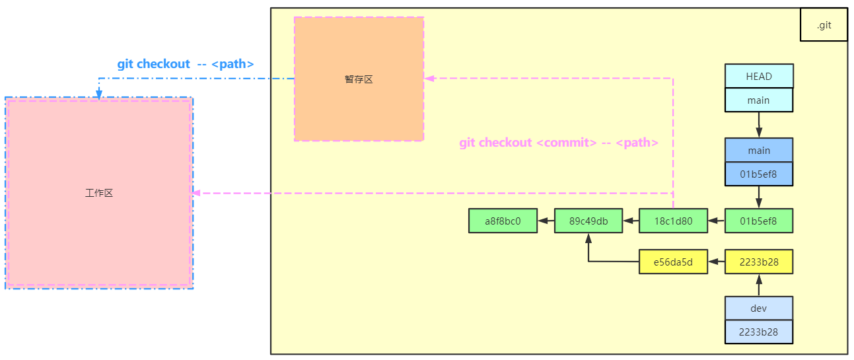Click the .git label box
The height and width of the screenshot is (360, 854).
tap(824, 25)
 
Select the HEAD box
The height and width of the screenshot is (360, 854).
tap(759, 76)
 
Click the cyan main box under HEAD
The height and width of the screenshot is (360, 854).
tap(759, 100)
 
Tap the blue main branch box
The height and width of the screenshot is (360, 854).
tap(759, 151)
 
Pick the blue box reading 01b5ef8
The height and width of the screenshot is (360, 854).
tap(759, 174)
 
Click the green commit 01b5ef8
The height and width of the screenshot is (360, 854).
tap(759, 221)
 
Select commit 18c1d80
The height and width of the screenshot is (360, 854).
tap(673, 221)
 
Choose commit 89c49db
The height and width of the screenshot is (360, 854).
tap(588, 221)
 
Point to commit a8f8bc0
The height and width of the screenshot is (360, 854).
tap(503, 221)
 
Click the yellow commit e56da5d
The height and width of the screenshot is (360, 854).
tap(673, 262)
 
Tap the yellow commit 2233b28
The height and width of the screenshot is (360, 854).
tap(759, 262)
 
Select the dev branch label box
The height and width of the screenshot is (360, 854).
tap(759, 308)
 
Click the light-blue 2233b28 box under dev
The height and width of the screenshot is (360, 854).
tap(759, 332)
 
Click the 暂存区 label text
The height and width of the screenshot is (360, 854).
tap(359, 79)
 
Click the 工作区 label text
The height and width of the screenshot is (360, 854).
tap(99, 194)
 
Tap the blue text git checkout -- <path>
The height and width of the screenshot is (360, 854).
tap(186, 64)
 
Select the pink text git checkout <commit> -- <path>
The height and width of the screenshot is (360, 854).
tap(559, 143)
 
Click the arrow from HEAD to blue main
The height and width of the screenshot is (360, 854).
tap(759, 125)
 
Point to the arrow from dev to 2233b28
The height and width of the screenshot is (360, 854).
tap(759, 285)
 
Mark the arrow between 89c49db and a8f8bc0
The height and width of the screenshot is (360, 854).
tap(546, 221)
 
